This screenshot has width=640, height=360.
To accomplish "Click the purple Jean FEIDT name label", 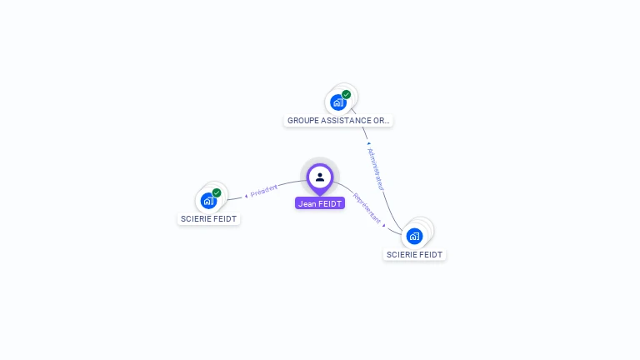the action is point(320,203).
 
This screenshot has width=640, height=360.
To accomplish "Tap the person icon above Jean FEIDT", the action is point(320,177).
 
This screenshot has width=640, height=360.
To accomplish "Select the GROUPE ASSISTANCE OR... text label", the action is point(338,121).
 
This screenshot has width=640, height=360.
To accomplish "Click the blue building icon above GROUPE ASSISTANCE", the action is point(337,102).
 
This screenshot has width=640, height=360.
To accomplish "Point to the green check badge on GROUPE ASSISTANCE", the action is point(347,94).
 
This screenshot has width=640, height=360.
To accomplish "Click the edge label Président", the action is point(264,191).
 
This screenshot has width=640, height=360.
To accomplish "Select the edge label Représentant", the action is point(367,209).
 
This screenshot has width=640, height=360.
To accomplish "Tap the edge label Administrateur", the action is point(375,169).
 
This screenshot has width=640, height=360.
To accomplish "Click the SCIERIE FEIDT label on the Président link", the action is point(208,219).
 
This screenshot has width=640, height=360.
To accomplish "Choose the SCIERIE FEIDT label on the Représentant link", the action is point(415,255).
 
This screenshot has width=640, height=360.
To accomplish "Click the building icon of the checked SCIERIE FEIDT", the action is point(208,201).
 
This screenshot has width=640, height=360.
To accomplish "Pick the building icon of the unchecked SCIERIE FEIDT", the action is point(414,236).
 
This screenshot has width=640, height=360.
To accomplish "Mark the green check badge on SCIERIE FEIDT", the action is point(217,192).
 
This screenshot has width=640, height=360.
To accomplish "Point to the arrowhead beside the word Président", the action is point(247,196).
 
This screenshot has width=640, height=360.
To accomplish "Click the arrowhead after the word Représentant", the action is point(384,224).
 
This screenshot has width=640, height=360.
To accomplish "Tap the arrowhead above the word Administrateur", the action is point(368,143).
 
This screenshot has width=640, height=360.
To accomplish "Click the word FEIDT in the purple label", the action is point(329,203).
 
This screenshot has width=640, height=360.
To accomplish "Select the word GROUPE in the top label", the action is point(302,121).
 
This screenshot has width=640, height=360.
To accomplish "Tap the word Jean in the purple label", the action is point(307,203).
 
